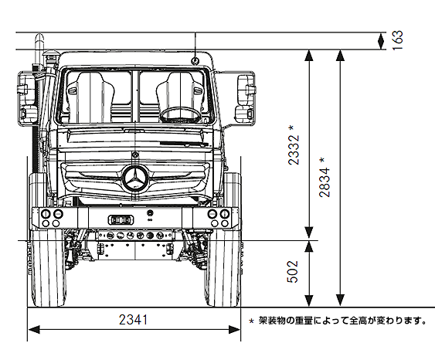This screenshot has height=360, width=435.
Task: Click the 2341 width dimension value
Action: tap(133, 320)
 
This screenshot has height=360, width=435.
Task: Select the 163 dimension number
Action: tap(397, 40)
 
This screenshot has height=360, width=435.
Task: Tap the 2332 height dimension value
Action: tap(294, 150)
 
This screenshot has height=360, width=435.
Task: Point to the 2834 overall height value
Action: tap(325, 182)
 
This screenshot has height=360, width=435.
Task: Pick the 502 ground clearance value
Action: tap(292, 271)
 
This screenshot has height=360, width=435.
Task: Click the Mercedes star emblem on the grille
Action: tap(136, 178)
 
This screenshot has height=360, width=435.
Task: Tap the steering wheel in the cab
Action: tap(180, 115)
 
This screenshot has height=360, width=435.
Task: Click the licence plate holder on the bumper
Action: tap(121, 219)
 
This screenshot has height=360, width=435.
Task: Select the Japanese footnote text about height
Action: tap(342, 321)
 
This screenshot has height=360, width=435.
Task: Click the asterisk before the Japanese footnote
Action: tap(251, 321)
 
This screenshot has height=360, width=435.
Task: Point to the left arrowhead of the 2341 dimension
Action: tap(33, 330)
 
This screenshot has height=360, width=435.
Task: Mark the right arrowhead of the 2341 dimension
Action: tap(234, 330)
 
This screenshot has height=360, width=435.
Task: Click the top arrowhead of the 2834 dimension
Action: tap(340, 55)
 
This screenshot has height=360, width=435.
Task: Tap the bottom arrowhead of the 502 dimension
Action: tap(309, 301)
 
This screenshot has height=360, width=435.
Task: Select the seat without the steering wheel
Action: tap(90, 96)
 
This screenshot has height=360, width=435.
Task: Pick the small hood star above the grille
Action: tap(135, 155)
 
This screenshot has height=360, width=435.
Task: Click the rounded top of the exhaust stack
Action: tap(39, 37)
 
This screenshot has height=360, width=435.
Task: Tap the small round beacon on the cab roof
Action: tap(195, 61)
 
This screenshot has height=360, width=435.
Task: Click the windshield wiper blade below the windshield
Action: tap(184, 144)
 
